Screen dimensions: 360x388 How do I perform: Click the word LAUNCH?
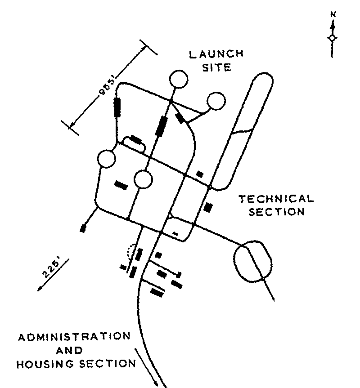[216, 54]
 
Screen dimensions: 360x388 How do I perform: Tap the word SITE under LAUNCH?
[217, 67]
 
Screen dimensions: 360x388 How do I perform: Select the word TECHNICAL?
[276, 199]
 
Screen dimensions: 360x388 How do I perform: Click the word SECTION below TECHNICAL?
[277, 212]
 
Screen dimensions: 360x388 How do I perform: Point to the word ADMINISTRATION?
[74, 337]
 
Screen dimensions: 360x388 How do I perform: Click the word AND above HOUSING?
[70, 351]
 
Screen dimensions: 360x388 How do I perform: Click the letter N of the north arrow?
[333, 14]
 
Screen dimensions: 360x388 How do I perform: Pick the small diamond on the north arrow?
[332, 38]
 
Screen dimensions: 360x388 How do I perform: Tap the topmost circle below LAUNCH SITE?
[179, 79]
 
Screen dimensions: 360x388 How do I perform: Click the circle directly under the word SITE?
[216, 101]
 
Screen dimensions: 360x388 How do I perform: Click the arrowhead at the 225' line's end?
[40, 289]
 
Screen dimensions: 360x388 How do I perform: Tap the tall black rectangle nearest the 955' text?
[117, 107]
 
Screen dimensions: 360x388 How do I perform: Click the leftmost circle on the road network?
[107, 159]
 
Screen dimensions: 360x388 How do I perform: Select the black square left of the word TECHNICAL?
[208, 207]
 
